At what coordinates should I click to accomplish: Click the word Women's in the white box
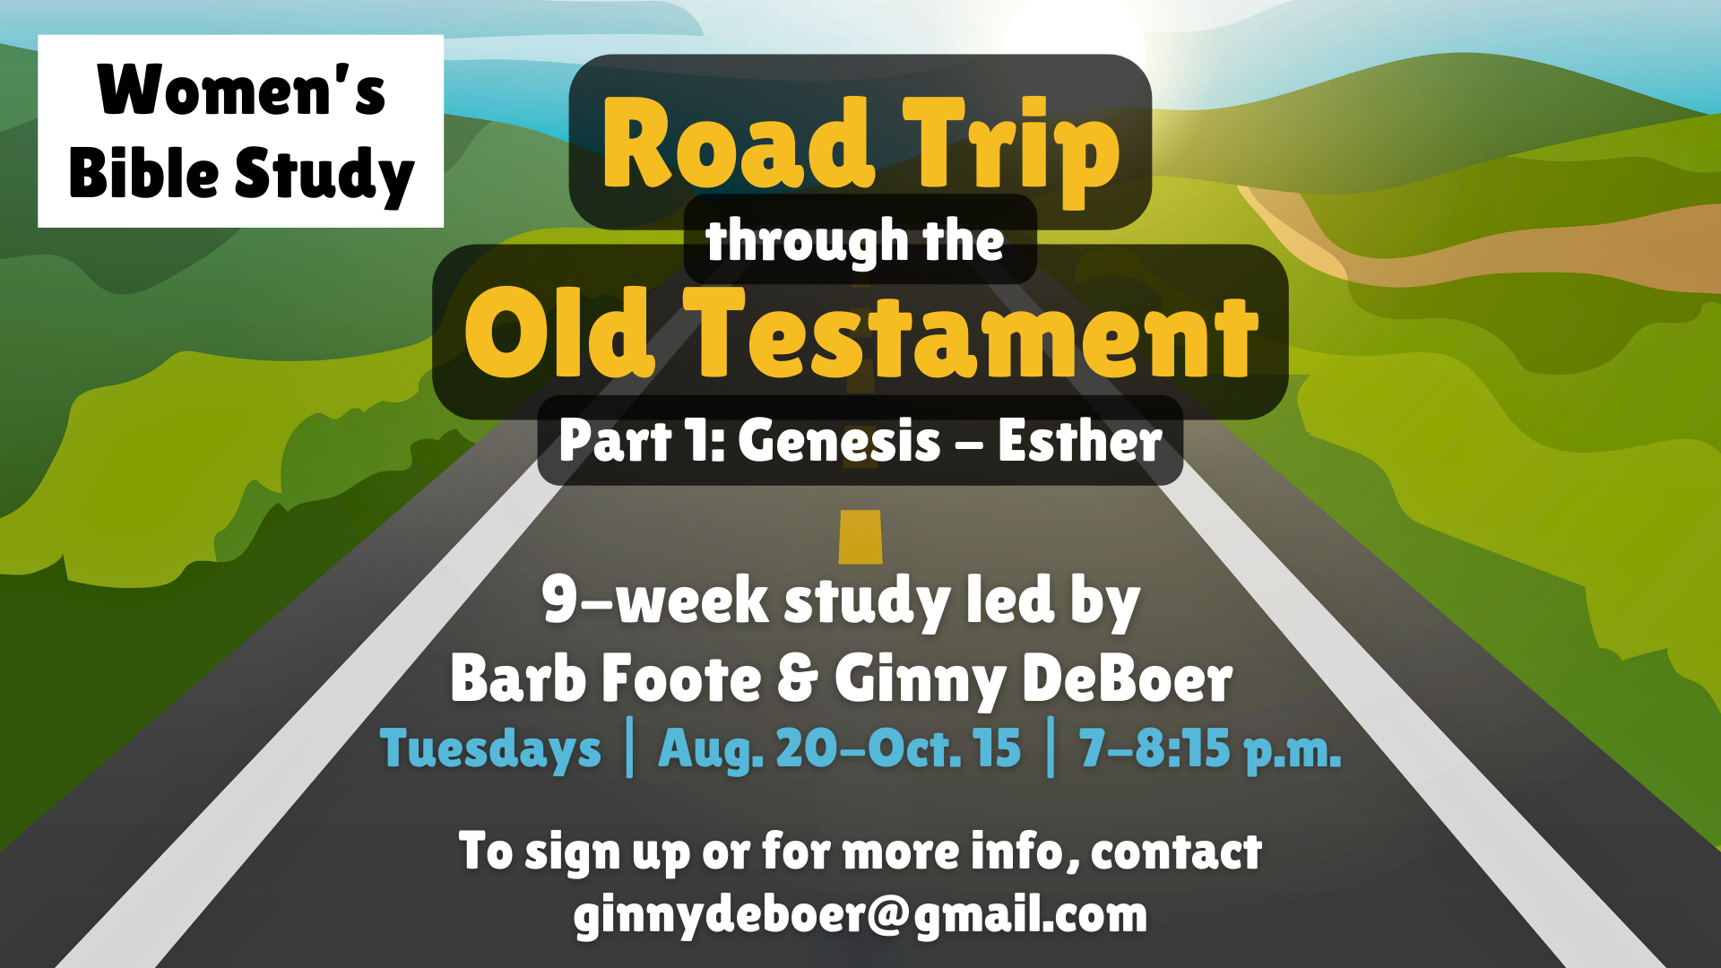(x=241, y=90)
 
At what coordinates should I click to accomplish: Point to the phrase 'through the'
(x=855, y=240)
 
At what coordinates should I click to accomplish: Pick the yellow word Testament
(x=971, y=333)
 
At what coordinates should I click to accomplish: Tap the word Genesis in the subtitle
(x=840, y=442)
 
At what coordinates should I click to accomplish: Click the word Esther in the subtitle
(x=1080, y=441)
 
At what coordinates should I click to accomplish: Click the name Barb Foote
(x=606, y=678)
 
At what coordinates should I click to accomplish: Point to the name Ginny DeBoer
(x=1033, y=678)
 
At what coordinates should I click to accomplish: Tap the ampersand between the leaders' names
(x=798, y=678)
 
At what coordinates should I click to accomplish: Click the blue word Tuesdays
(x=490, y=749)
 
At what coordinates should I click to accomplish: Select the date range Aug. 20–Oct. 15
(x=840, y=748)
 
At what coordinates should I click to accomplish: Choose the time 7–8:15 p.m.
(x=1210, y=749)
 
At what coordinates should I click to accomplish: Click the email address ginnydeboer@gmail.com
(x=860, y=915)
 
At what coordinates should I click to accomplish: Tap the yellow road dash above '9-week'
(x=860, y=537)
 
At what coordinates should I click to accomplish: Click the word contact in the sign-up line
(x=1176, y=851)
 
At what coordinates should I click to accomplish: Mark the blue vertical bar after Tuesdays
(x=630, y=747)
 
